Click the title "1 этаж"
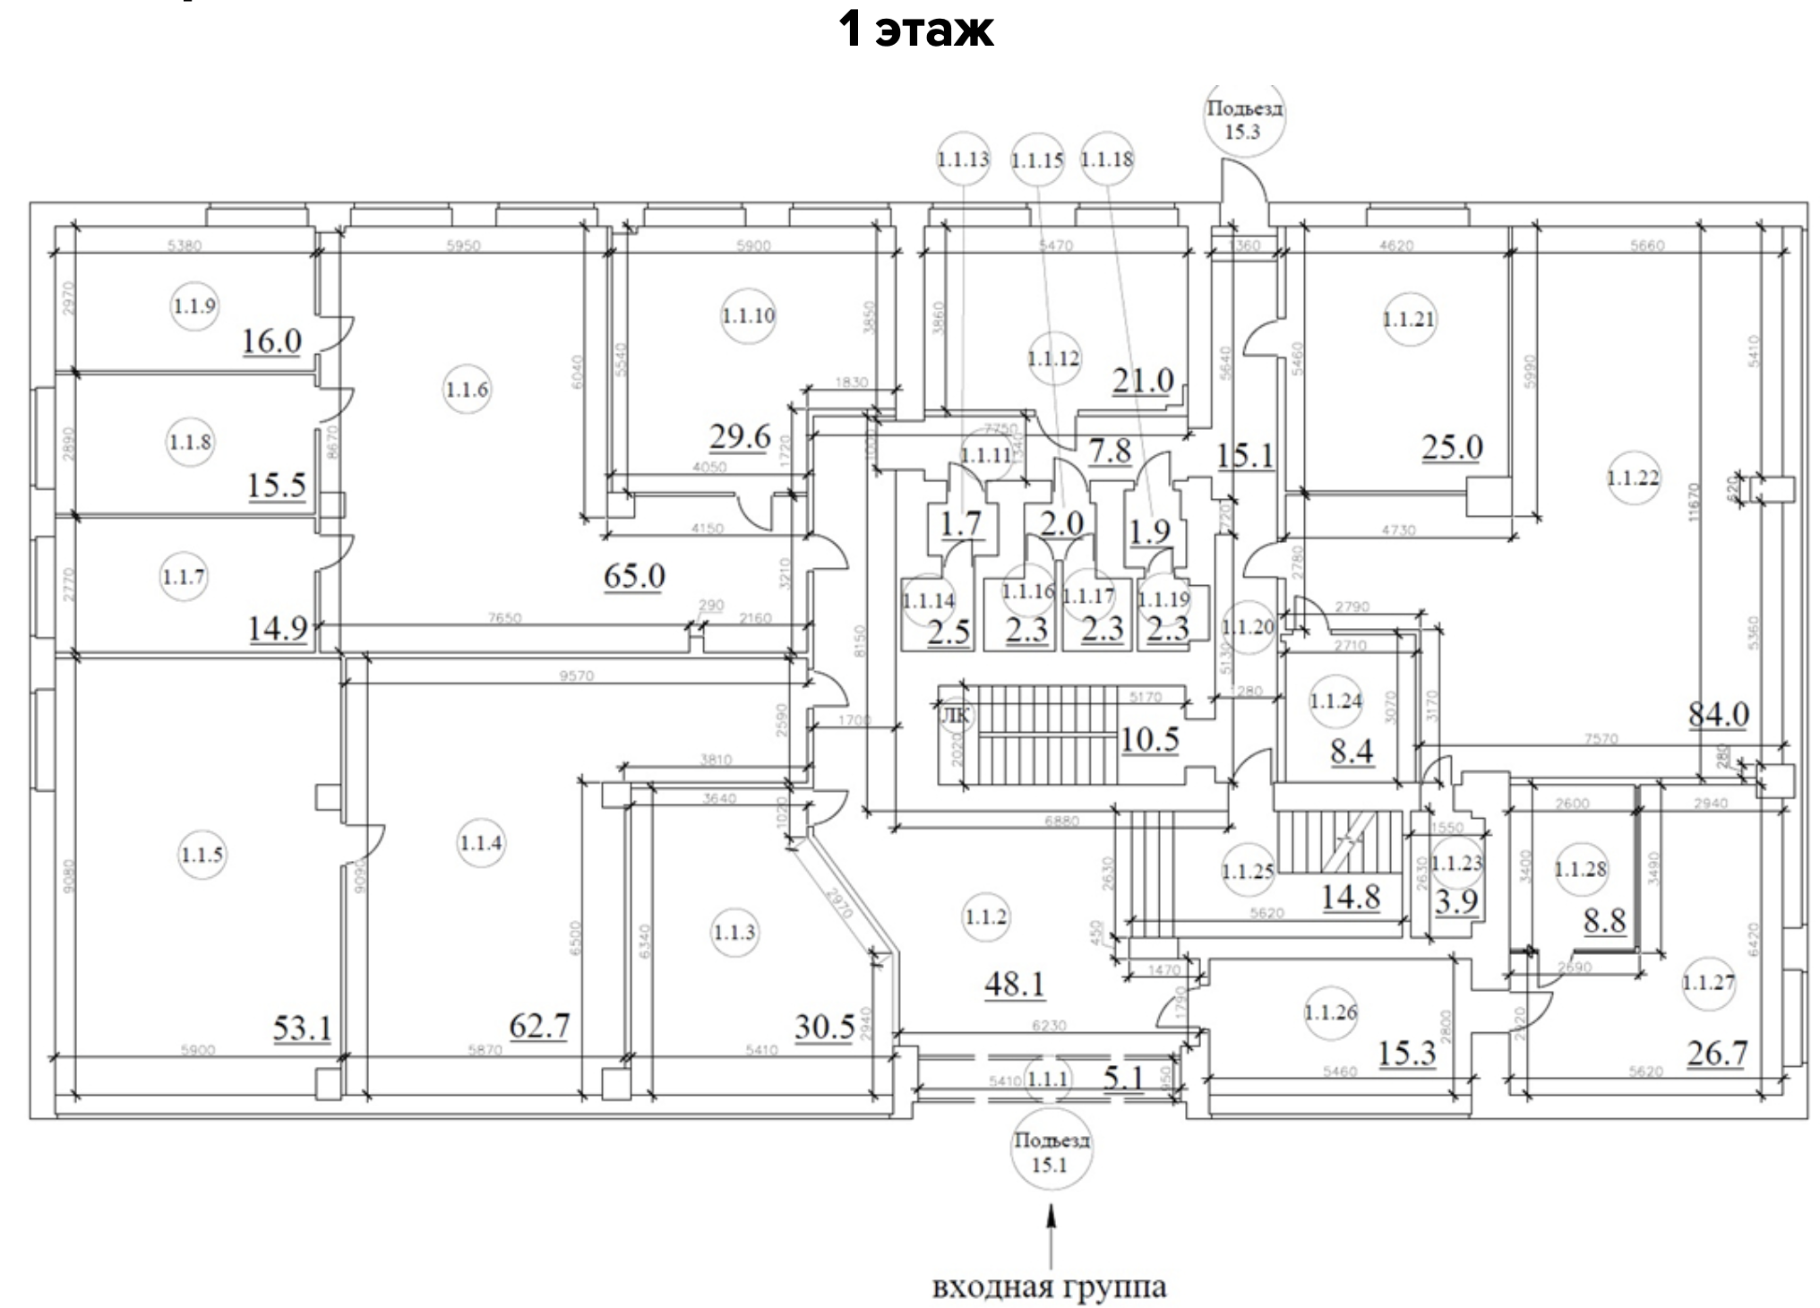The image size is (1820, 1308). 916,30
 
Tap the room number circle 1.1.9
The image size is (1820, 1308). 194,306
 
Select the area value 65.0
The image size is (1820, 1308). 634,574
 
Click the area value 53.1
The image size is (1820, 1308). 302,1028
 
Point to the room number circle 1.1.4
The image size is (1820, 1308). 481,843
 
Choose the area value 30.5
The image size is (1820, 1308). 824,1027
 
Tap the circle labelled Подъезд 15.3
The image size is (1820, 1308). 1243,120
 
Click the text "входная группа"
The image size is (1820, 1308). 1049,1287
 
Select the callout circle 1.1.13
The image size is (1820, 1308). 963,159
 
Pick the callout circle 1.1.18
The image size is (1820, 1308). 1107,159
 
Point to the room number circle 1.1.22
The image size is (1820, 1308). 1633,478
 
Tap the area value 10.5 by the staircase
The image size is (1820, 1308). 1150,740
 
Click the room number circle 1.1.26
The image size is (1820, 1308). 1331,1013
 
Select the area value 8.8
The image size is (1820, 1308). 1604,920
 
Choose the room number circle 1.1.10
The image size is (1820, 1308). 748,315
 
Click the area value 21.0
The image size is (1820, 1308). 1143,381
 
